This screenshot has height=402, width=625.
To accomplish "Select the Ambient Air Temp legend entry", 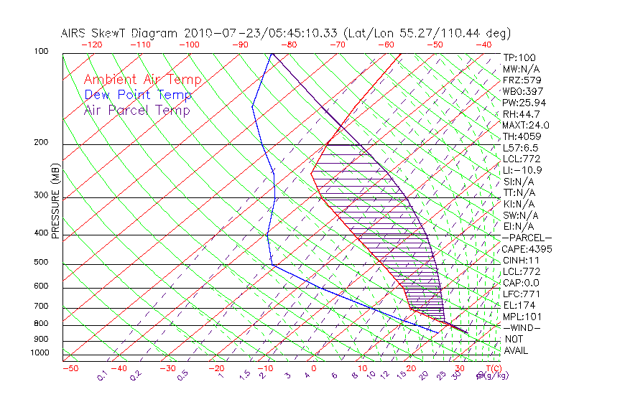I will [143, 80].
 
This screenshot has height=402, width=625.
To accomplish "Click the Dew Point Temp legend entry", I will [138, 95].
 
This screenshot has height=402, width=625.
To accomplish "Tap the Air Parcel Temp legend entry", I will [137, 111].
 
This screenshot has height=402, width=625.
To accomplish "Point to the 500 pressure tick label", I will [41, 263].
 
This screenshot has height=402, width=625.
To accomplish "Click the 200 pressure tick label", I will [41, 143].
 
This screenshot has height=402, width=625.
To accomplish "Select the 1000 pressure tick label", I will [39, 353].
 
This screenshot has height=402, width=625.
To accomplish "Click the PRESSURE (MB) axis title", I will [56, 200].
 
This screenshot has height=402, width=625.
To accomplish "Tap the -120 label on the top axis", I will [91, 45].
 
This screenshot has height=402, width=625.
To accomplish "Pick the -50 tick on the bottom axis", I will [70, 369].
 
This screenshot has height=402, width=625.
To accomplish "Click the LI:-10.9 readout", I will [522, 170].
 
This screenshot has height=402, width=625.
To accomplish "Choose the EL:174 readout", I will [517, 305].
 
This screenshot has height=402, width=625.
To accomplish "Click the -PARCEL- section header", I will [527, 238].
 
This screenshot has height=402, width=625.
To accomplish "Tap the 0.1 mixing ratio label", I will [102, 375].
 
